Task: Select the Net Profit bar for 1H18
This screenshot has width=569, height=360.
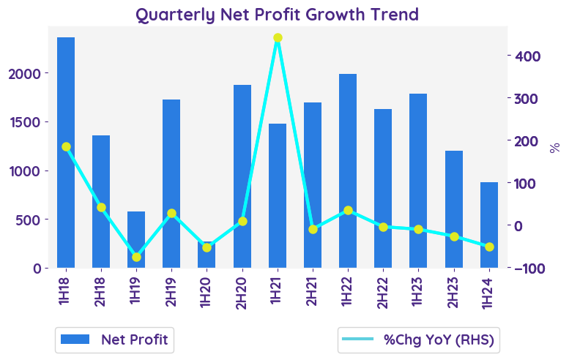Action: (x=66, y=152)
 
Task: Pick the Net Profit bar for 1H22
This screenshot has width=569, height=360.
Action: (x=348, y=170)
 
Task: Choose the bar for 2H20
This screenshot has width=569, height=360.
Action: (x=242, y=176)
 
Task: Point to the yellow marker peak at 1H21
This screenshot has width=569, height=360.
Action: (x=278, y=38)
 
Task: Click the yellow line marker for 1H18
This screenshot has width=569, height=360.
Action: (x=66, y=147)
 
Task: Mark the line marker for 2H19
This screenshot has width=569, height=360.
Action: (x=171, y=214)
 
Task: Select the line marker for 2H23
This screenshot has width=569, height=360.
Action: (x=454, y=236)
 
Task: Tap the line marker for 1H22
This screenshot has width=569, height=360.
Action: (x=348, y=211)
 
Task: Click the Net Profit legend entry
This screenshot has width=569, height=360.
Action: (x=114, y=340)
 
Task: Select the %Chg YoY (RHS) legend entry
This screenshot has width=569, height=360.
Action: (x=418, y=340)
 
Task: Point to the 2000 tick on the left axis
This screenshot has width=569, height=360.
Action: (x=30, y=74)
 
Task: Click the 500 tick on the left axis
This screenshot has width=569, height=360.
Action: (x=34, y=220)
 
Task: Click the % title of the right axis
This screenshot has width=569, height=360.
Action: (x=554, y=148)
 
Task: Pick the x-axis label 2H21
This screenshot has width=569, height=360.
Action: (x=313, y=291)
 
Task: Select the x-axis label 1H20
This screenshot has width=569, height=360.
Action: (x=207, y=291)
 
